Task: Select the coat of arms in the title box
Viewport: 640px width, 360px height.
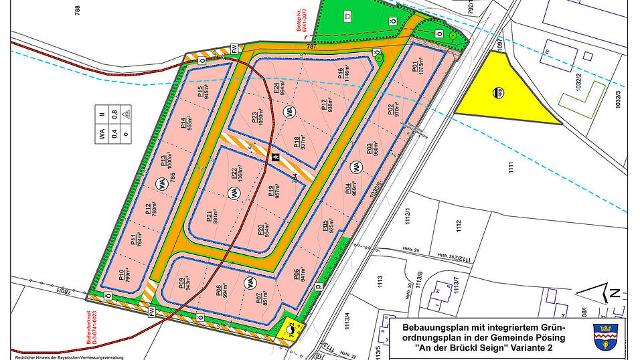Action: pos(603,337)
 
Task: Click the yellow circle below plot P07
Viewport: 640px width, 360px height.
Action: pos(291,327)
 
